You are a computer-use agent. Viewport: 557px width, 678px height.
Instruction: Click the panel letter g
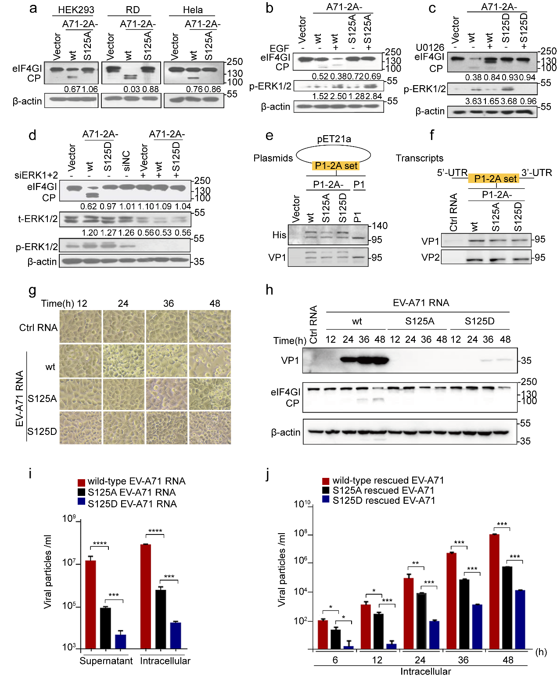32,291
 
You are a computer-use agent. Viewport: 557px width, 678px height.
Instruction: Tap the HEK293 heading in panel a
76,10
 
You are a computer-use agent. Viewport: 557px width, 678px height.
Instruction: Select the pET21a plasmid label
334,139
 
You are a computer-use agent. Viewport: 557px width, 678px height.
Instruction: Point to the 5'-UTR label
452,172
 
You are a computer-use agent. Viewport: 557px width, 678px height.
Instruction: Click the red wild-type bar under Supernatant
91,604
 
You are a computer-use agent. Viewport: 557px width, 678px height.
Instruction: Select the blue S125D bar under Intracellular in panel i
176,635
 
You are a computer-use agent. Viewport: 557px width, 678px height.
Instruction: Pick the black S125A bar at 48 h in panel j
507,607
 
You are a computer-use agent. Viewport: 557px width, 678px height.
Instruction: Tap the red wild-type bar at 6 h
323,634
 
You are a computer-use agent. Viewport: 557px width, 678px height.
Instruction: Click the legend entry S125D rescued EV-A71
383,500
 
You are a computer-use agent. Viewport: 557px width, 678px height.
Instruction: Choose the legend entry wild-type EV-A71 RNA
136,481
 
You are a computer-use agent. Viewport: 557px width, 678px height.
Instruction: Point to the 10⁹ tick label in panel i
69,519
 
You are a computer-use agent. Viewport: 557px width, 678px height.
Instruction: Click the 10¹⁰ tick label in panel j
302,504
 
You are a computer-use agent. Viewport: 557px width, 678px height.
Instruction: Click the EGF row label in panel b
280,48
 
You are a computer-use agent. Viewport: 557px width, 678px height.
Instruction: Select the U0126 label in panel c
430,47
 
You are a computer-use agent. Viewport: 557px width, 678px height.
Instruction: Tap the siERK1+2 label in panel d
36,176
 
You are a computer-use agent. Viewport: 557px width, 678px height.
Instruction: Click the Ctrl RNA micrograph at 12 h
80,326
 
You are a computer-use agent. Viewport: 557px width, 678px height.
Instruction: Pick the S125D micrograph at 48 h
210,428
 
